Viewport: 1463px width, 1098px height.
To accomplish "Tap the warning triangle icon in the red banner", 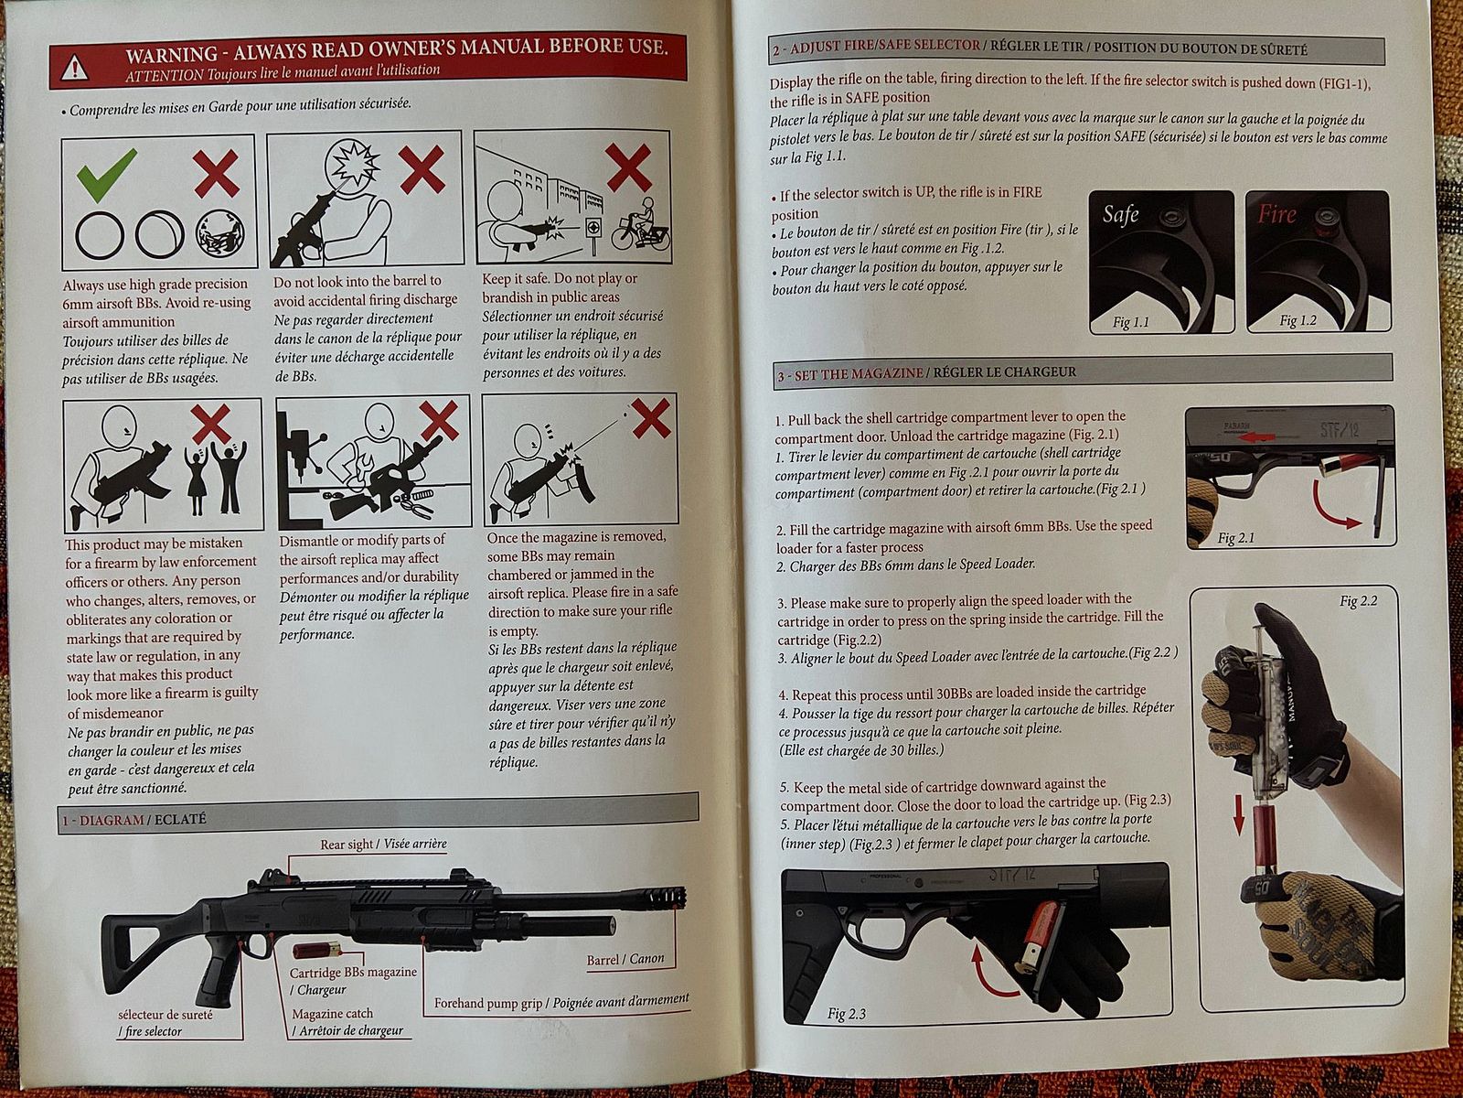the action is click(x=75, y=68).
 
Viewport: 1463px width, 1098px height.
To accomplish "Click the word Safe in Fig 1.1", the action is click(x=1120, y=214).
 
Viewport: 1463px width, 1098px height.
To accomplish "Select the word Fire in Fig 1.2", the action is click(x=1276, y=213).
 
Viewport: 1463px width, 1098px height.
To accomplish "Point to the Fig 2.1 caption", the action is click(x=1235, y=537).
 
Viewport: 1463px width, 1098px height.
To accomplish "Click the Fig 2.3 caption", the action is click(x=847, y=1014).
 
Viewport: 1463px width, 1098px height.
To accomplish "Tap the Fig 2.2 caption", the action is click(x=1359, y=600).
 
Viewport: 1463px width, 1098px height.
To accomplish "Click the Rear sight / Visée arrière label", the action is click(x=383, y=844).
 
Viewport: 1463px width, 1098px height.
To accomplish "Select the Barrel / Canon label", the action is click(x=625, y=959).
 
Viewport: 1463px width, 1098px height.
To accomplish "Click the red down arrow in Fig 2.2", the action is click(x=1238, y=813).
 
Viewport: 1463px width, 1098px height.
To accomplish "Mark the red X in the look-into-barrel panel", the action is click(x=422, y=170).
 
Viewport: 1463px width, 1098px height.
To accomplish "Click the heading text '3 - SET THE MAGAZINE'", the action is click(x=850, y=374).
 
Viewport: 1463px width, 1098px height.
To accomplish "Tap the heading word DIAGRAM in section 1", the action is click(x=112, y=820).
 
